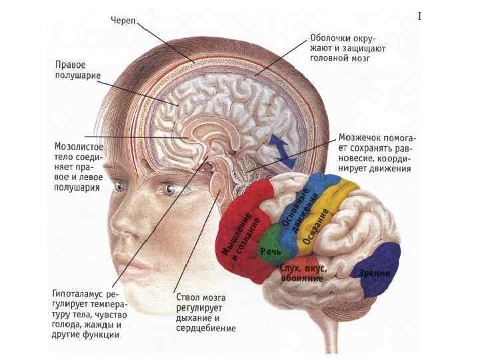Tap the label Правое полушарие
[x=77, y=71]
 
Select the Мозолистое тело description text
[x=77, y=165]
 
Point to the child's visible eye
[x=169, y=189]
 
